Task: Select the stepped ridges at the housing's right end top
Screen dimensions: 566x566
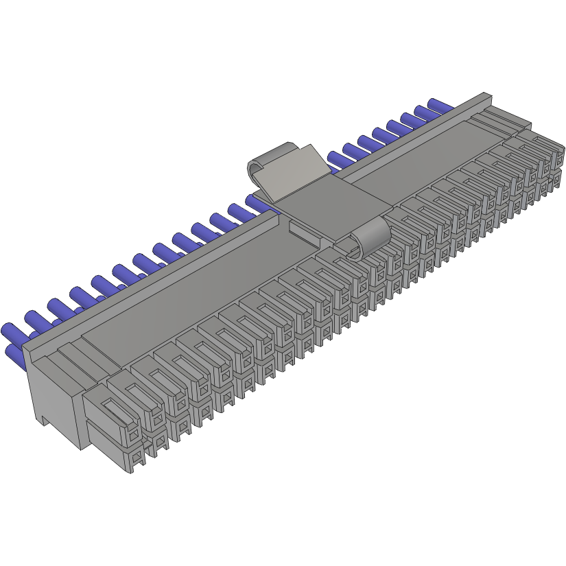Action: tap(501, 122)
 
